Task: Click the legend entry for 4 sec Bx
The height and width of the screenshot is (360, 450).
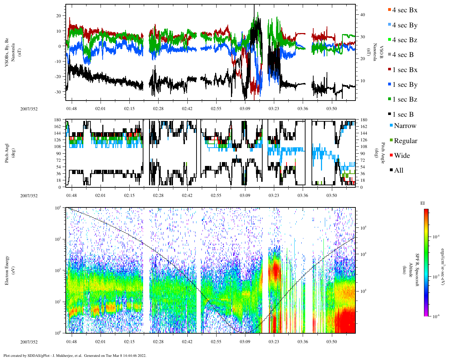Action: coord(404,10)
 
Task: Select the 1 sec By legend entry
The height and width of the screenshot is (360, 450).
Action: coord(404,85)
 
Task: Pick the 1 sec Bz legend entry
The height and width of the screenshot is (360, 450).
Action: coord(404,99)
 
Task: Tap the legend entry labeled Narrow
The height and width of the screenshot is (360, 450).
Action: coord(404,126)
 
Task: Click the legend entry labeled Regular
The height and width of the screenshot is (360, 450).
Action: coord(405,141)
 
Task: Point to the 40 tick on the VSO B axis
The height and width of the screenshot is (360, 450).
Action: coord(362,15)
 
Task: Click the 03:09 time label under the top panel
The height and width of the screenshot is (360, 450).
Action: coord(245,109)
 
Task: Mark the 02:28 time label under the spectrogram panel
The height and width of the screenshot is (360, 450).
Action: coord(158,342)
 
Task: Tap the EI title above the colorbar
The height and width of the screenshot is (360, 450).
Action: coord(423,203)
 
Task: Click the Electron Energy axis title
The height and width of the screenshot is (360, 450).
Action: coord(7,270)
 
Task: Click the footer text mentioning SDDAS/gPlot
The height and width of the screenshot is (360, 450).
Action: coord(75,355)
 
